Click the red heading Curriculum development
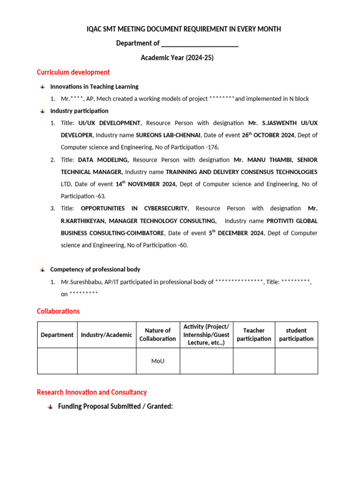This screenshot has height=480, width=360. [73, 72]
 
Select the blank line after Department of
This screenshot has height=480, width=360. [200, 44]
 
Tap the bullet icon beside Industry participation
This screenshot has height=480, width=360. [43, 111]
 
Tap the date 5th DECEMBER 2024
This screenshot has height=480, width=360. [233, 233]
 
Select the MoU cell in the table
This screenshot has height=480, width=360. [157, 361]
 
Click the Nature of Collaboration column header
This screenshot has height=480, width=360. [157, 335]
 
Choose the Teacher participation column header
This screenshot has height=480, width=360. [254, 335]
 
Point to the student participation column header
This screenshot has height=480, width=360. [296, 335]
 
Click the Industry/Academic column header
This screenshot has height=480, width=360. [106, 335]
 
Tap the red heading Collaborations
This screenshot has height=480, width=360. [58, 311]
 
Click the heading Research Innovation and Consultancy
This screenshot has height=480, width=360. [92, 392]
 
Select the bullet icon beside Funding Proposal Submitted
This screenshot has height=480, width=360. [50, 407]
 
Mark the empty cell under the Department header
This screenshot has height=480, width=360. [57, 361]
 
